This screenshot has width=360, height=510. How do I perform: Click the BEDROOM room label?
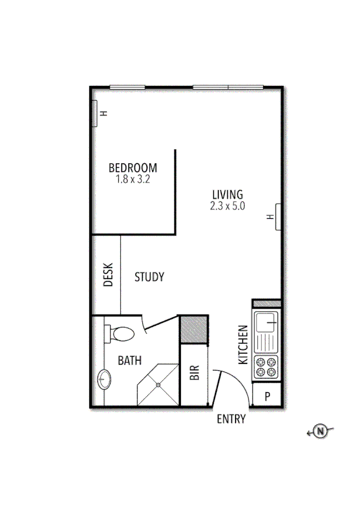tap(133, 168)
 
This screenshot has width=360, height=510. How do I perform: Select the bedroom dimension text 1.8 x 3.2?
tap(133, 180)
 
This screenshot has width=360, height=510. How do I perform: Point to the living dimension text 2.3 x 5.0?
tap(227, 206)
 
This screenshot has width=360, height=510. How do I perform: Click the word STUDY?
tap(149, 277)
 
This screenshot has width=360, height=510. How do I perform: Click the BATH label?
tap(130, 361)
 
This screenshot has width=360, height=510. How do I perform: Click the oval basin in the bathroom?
tap(105, 380)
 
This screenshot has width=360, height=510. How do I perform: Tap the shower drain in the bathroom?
tap(158, 385)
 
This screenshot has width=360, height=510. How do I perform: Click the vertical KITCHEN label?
tap(243, 346)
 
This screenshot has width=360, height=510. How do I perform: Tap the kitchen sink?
tap(267, 322)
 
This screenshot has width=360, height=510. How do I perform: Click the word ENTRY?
tap(231, 419)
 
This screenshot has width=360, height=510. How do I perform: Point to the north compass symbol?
tap(320, 431)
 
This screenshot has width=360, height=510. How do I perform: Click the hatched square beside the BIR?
tap(193, 330)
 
